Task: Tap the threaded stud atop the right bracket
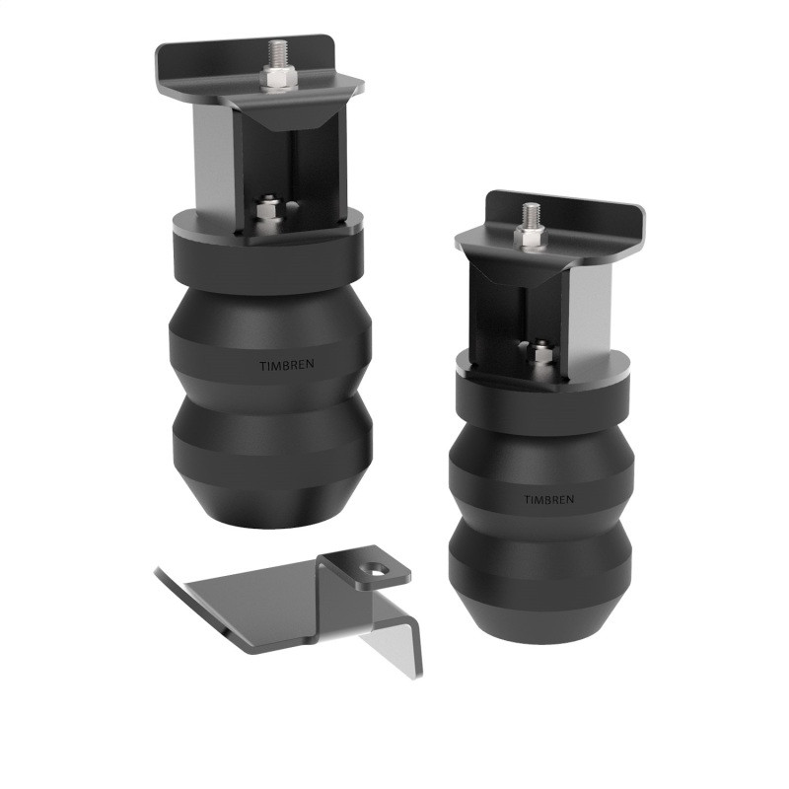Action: [532, 214]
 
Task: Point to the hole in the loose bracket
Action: [375, 567]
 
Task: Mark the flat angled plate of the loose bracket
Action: [247, 602]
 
